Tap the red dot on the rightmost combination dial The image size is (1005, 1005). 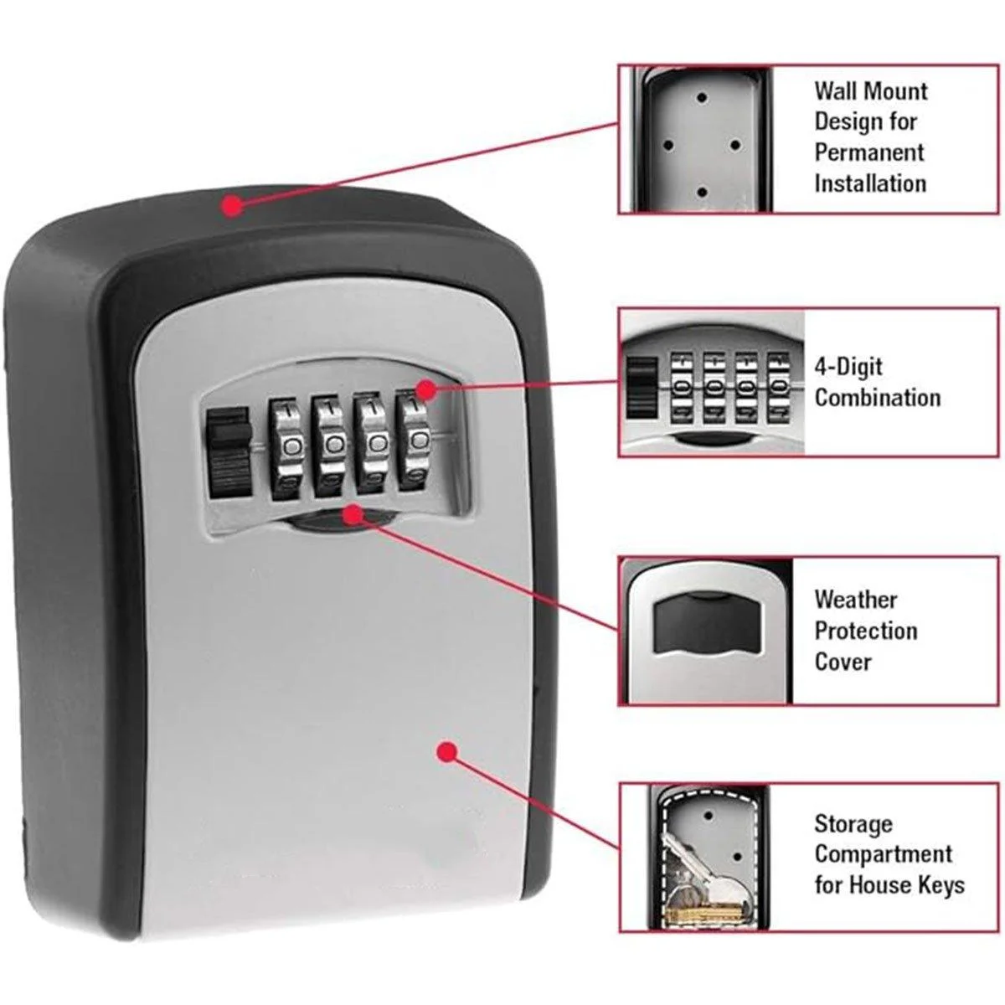[x=426, y=390]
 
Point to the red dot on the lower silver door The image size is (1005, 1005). [x=448, y=751]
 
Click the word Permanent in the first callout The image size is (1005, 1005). [x=869, y=152]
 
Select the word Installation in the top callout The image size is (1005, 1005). [x=870, y=183]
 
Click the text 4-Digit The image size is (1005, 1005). [x=848, y=367]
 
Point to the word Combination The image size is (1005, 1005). [x=878, y=397]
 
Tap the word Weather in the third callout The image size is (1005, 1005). [x=855, y=600]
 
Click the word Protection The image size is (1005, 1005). [x=866, y=630]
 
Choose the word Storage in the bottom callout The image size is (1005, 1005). [x=853, y=824]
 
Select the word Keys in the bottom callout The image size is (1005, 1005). [x=941, y=884]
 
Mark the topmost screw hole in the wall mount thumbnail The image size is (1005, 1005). [x=703, y=98]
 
